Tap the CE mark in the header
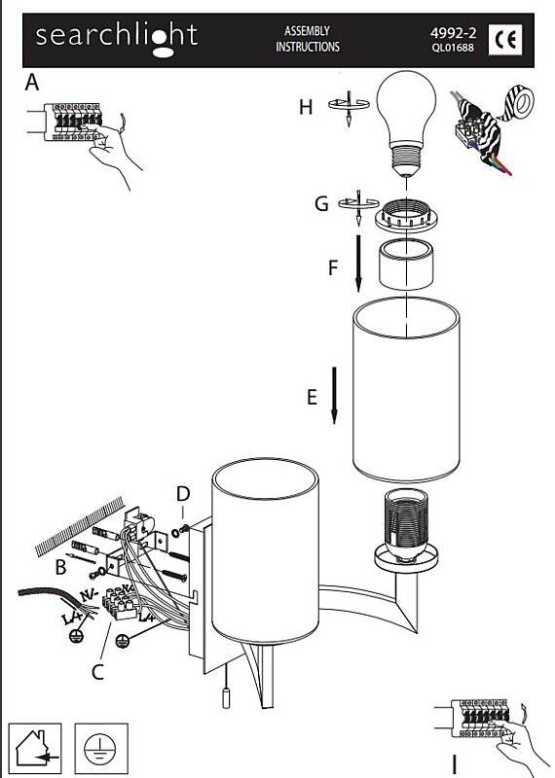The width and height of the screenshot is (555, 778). click(x=505, y=39)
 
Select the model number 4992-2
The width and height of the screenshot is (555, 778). click(x=453, y=33)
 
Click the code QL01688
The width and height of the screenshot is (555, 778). click(x=453, y=48)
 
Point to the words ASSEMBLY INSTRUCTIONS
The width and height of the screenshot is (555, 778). click(x=308, y=39)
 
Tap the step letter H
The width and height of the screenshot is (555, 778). click(x=306, y=107)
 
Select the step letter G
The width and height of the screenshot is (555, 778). click(x=321, y=203)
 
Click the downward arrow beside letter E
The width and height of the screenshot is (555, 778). click(x=334, y=396)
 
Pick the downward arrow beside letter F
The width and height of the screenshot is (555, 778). click(x=358, y=264)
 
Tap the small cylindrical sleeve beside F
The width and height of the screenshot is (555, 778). click(x=406, y=264)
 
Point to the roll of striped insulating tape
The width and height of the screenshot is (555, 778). click(x=517, y=105)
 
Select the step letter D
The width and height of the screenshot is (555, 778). click(x=183, y=494)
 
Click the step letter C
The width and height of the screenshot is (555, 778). click(x=98, y=672)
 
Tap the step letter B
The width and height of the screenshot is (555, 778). click(x=60, y=567)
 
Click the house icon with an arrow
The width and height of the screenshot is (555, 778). click(x=35, y=748)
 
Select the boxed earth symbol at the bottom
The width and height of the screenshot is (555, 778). click(x=101, y=748)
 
